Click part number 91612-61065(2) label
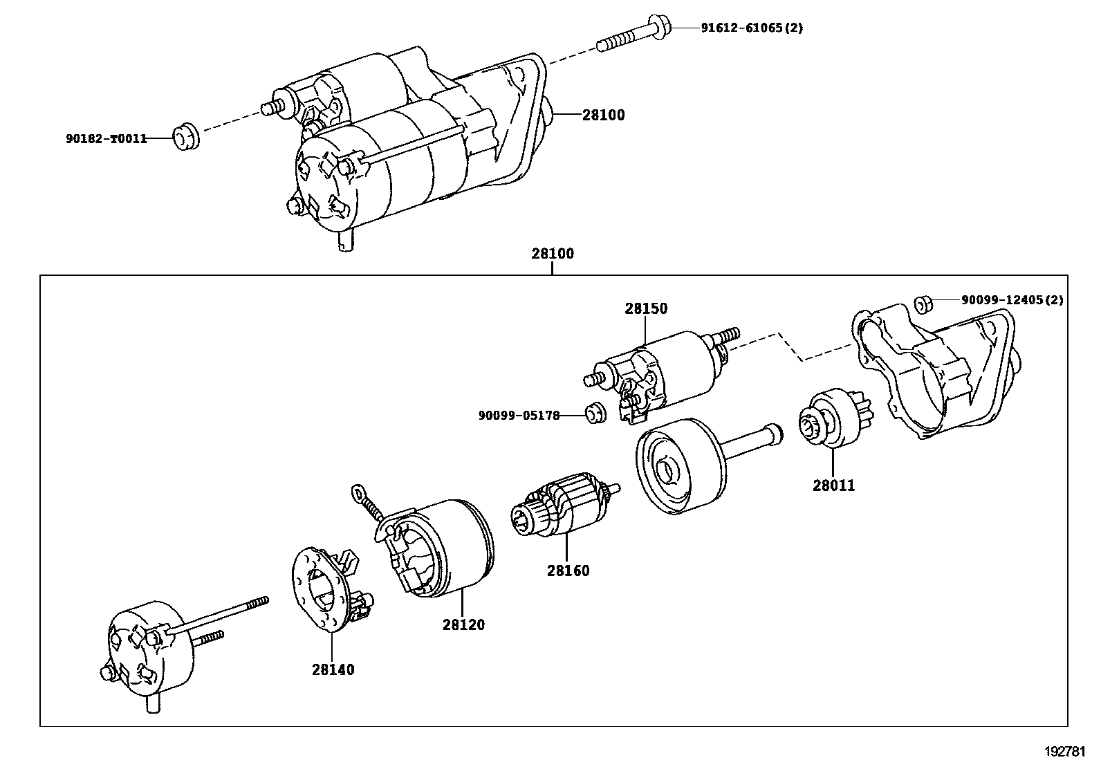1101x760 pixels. [x=752, y=28]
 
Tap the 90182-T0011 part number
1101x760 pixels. [x=107, y=138]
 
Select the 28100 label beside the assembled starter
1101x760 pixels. [x=603, y=115]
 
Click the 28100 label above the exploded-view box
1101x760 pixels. [x=553, y=254]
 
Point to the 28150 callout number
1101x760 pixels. [x=646, y=309]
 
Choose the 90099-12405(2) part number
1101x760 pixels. [x=1012, y=300]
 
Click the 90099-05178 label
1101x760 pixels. [x=519, y=416]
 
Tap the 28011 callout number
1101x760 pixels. [x=833, y=485]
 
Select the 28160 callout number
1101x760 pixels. [x=568, y=571]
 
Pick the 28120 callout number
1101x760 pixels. [x=463, y=624]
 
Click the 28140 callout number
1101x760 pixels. [x=333, y=669]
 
